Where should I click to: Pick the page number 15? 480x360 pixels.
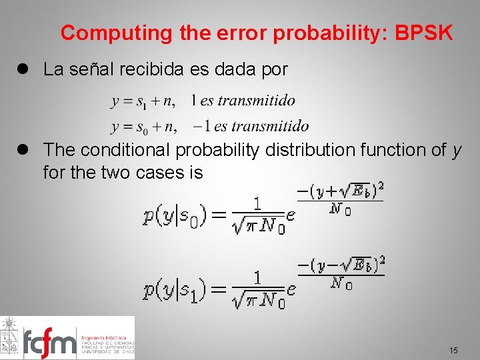(453, 350)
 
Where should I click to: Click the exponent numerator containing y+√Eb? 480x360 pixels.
(341, 193)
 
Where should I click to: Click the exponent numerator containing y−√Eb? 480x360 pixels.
(341, 266)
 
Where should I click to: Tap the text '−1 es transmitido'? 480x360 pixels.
(251, 126)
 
